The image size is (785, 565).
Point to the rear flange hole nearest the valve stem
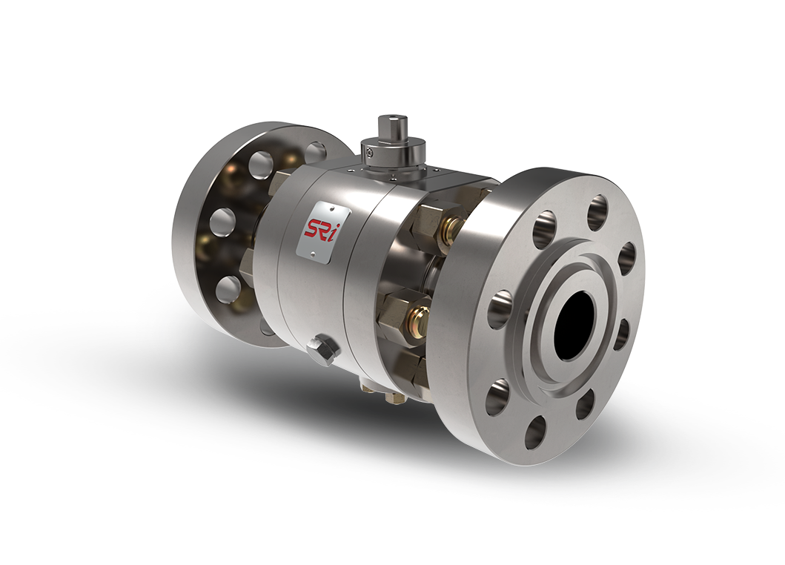click(316, 154)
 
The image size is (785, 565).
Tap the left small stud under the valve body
click(368, 386)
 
